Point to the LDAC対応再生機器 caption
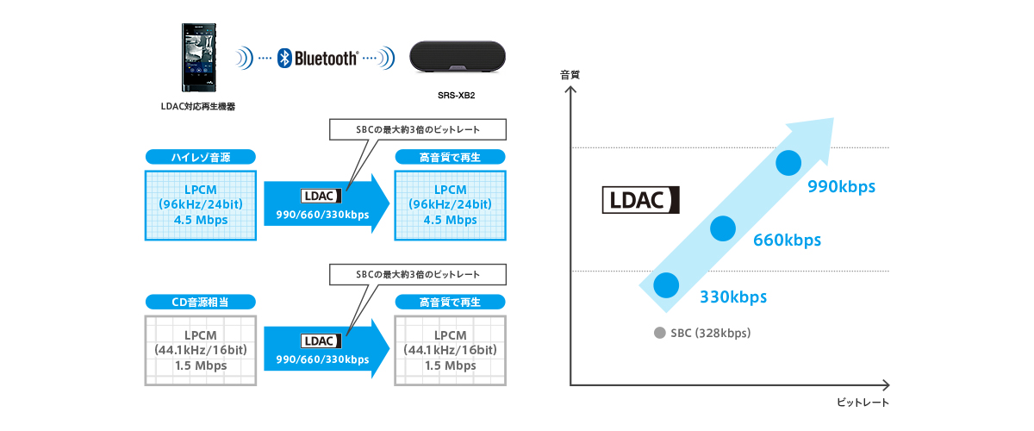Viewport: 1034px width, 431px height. pyautogui.click(x=198, y=106)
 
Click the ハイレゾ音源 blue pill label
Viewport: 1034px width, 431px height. pyautogui.click(x=201, y=157)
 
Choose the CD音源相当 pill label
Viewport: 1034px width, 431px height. pyautogui.click(x=201, y=302)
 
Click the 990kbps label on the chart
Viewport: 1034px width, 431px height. pyautogui.click(x=841, y=185)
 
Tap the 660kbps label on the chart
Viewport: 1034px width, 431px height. pyautogui.click(x=788, y=240)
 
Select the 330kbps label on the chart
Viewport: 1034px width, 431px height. pyautogui.click(x=733, y=297)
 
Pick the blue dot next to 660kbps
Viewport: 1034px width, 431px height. pyautogui.click(x=723, y=228)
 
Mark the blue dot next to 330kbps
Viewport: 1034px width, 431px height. pyautogui.click(x=665, y=284)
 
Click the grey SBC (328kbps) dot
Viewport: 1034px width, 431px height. pyautogui.click(x=660, y=333)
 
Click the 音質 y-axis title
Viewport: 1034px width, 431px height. pyautogui.click(x=570, y=75)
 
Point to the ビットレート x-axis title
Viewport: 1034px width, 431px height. pyautogui.click(x=862, y=403)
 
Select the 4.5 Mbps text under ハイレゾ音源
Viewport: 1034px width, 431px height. pyautogui.click(x=202, y=220)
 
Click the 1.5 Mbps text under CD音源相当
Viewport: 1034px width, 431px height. pyautogui.click(x=202, y=365)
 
